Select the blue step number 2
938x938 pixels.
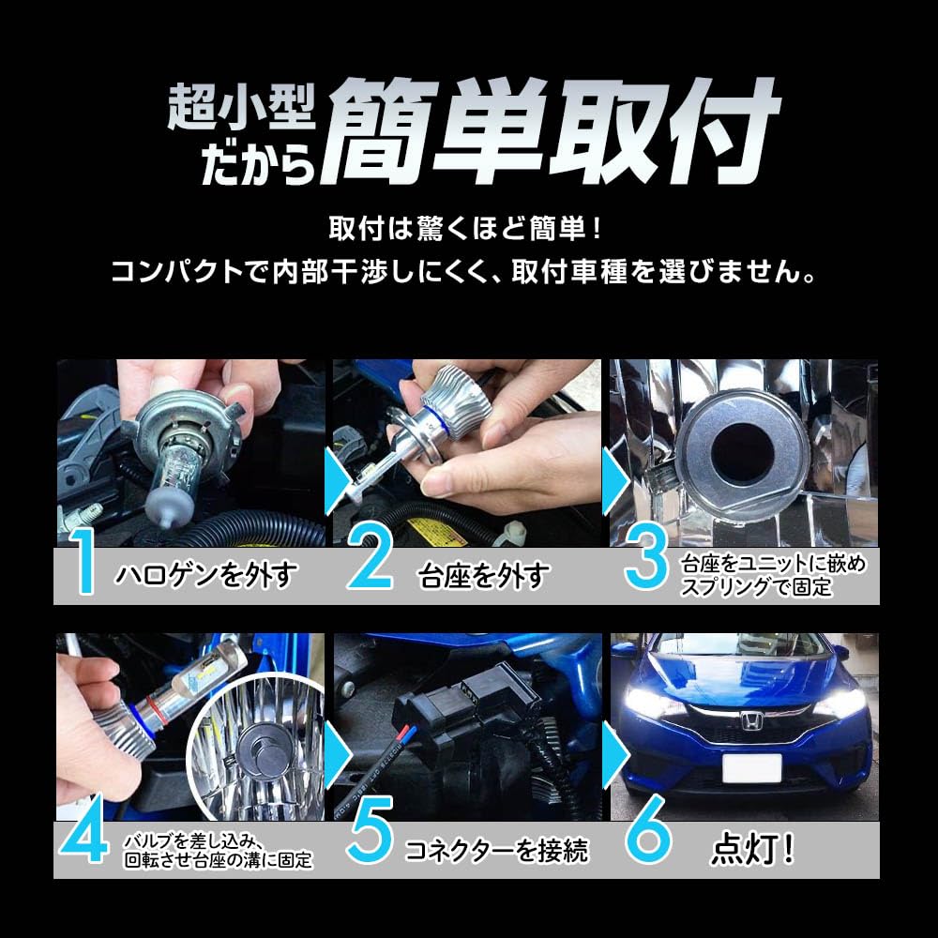pos(373,564)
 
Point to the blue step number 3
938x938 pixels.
pos(647,564)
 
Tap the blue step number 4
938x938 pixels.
pos(86,840)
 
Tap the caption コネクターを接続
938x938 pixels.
pos(497,851)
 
